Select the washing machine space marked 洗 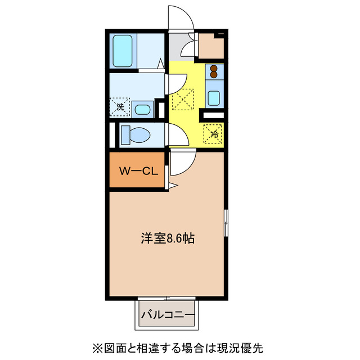(120, 106)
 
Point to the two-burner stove (214, 72)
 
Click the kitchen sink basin (214, 97)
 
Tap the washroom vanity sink (143, 109)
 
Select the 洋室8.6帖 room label (168, 238)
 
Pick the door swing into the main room (181, 163)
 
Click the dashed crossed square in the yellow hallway (182, 101)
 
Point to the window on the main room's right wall (227, 223)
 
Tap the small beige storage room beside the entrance (211, 47)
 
